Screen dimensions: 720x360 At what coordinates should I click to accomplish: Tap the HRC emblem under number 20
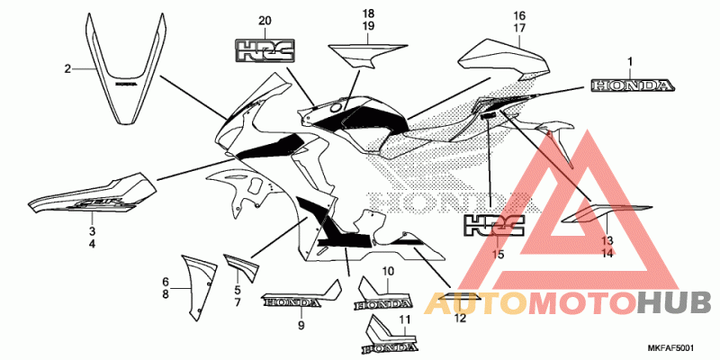(x=265, y=51)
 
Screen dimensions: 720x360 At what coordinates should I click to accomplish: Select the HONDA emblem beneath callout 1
(x=632, y=86)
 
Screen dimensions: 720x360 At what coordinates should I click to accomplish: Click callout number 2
(x=67, y=68)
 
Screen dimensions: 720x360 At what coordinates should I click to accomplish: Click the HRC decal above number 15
(x=493, y=225)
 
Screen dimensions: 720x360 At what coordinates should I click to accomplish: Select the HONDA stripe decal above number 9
(x=301, y=299)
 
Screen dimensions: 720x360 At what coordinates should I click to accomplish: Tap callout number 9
(x=301, y=325)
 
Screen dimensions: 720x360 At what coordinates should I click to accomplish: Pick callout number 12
(x=460, y=318)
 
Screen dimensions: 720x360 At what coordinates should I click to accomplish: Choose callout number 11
(x=404, y=319)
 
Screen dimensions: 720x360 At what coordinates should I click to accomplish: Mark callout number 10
(x=388, y=271)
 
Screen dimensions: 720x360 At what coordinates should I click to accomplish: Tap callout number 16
(x=519, y=15)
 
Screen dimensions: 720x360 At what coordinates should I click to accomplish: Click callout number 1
(x=630, y=61)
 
